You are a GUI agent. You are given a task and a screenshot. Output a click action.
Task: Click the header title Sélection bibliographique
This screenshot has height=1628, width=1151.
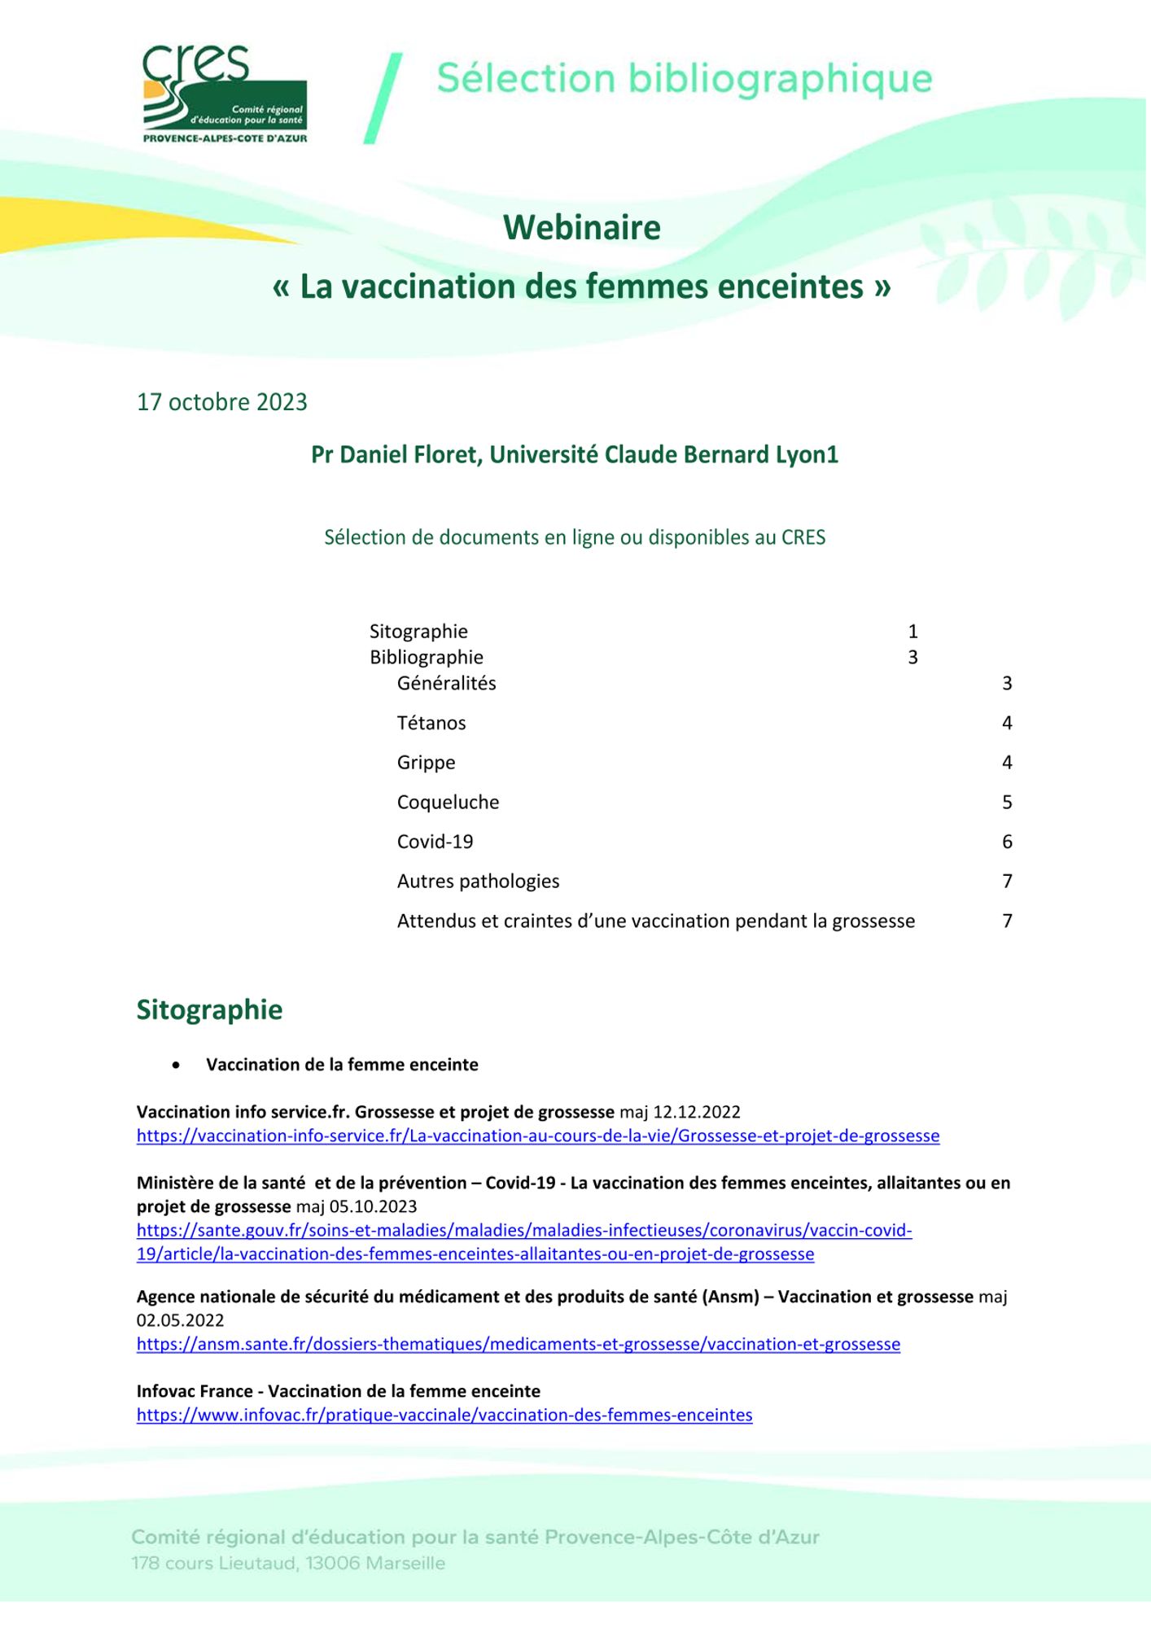[684, 79]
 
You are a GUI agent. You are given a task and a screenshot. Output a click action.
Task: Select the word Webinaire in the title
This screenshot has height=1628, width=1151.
[581, 227]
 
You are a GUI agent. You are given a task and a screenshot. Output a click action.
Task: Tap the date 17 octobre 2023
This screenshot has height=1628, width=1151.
[222, 402]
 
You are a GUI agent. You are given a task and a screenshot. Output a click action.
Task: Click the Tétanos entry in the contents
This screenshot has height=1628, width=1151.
[431, 723]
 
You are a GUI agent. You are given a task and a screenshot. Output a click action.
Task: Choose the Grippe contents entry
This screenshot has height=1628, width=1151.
[426, 763]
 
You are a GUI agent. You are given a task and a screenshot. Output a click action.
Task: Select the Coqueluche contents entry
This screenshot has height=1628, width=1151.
[448, 802]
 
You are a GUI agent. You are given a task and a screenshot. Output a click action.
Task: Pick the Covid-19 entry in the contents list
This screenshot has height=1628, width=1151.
[435, 842]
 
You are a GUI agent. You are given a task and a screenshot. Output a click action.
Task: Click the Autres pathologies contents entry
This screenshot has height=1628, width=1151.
[478, 881]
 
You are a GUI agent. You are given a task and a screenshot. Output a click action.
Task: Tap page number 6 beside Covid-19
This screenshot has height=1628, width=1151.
[1007, 842]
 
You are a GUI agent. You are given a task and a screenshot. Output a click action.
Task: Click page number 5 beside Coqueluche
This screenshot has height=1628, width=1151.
[1007, 802]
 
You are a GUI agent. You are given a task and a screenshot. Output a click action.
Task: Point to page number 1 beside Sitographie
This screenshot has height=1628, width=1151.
[912, 631]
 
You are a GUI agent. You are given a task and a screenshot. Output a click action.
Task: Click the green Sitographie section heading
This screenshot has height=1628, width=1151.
[209, 1009]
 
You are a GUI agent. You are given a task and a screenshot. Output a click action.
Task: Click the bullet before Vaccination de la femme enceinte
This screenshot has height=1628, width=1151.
[176, 1066]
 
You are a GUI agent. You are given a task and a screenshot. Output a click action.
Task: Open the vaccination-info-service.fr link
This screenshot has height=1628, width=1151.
[537, 1136]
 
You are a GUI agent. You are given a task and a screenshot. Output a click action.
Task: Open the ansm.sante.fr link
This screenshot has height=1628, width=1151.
[518, 1344]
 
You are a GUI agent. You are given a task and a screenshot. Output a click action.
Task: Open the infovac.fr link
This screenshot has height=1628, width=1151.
[444, 1415]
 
